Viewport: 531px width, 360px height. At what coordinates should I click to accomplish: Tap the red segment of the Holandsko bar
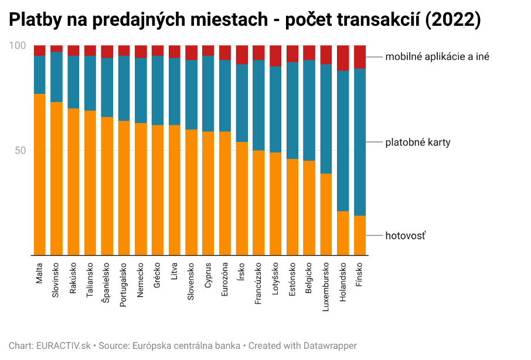(343, 58)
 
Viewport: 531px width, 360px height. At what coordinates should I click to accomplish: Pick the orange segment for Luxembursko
(326, 214)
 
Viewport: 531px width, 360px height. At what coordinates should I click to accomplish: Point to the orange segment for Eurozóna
(225, 193)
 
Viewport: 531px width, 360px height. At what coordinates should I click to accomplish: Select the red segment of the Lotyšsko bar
(275, 56)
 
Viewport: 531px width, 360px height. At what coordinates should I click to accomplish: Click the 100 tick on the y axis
(19, 46)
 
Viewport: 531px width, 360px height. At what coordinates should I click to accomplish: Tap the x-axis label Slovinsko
(56, 281)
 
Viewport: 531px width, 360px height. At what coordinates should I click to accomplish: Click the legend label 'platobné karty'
(417, 142)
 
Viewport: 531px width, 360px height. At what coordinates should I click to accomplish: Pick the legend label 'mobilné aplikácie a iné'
(437, 57)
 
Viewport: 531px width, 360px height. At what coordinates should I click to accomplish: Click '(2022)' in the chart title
(451, 21)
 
